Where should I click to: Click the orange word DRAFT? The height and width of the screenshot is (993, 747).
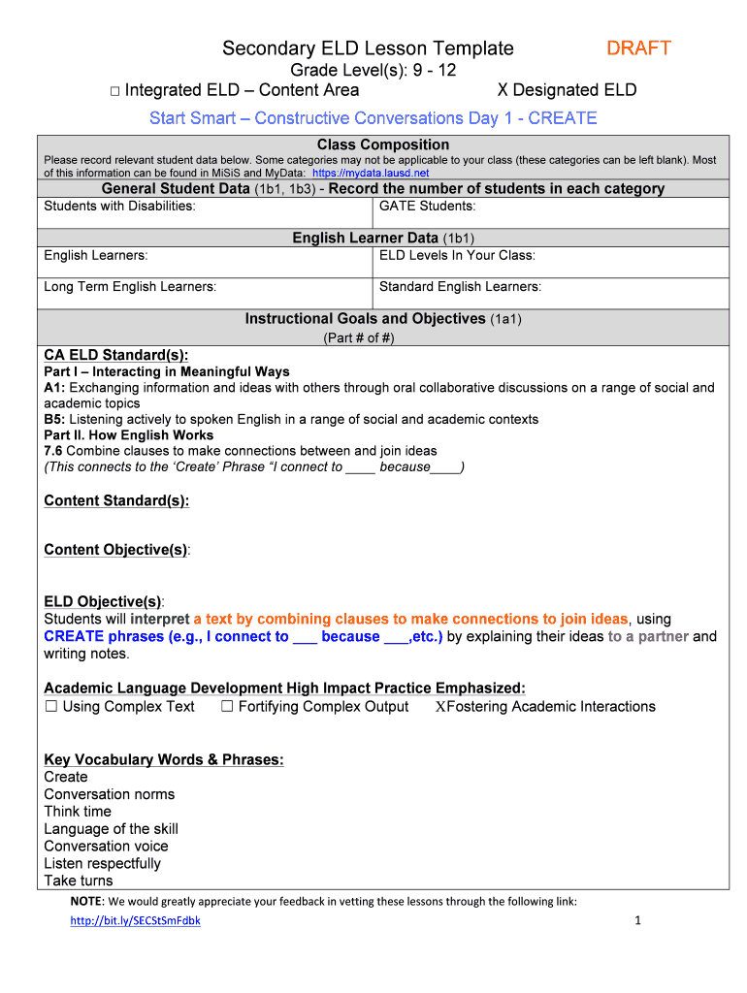638,48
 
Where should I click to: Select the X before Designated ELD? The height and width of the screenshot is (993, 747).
503,90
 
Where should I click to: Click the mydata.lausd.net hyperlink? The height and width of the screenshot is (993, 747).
371,173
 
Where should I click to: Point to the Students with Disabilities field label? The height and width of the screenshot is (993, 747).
119,206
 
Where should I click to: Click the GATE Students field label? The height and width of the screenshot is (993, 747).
427,206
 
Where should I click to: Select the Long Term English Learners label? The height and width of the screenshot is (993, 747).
130,286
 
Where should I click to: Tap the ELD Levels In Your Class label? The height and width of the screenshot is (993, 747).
457,255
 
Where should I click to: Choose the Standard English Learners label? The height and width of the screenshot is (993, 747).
460,286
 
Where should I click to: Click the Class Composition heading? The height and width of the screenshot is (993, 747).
383,144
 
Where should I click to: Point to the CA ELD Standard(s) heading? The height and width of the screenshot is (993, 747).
116,355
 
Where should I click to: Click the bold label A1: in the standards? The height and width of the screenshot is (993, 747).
54,388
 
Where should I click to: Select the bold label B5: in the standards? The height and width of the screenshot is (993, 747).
54,420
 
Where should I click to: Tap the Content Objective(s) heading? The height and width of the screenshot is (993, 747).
116,550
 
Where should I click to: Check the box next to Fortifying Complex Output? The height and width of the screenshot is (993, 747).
227,707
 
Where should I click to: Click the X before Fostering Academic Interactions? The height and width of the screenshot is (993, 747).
440,707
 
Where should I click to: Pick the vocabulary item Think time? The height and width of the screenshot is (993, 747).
78,812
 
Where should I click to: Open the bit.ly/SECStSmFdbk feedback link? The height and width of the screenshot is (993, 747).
135,921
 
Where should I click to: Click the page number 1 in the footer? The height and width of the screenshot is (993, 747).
637,921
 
